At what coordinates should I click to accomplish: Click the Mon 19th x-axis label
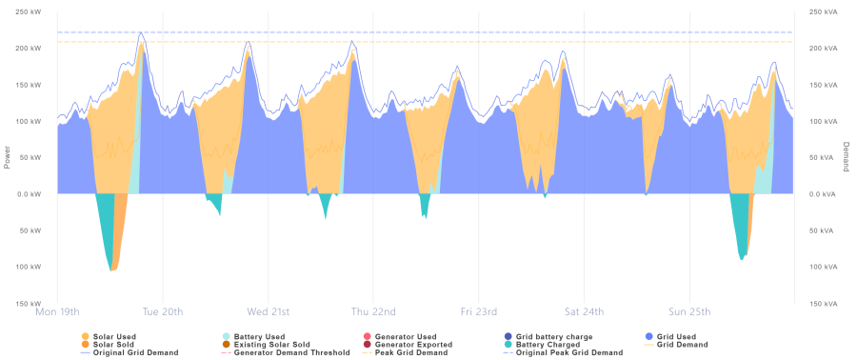click(x=57, y=311)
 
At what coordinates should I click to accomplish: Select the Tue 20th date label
click(x=163, y=311)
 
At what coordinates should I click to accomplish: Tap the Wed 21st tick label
click(x=268, y=311)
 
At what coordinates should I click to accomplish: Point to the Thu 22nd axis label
click(x=373, y=311)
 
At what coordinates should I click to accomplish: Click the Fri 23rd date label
click(x=478, y=311)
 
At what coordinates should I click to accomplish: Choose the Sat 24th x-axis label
click(x=584, y=311)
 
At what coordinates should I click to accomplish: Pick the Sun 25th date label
click(x=688, y=311)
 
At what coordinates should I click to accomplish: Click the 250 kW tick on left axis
click(x=29, y=11)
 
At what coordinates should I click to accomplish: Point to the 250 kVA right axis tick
click(x=825, y=11)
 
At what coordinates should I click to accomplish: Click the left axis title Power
click(x=7, y=156)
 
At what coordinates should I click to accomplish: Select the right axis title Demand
click(x=847, y=156)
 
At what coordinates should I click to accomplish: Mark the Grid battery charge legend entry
click(x=551, y=337)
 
